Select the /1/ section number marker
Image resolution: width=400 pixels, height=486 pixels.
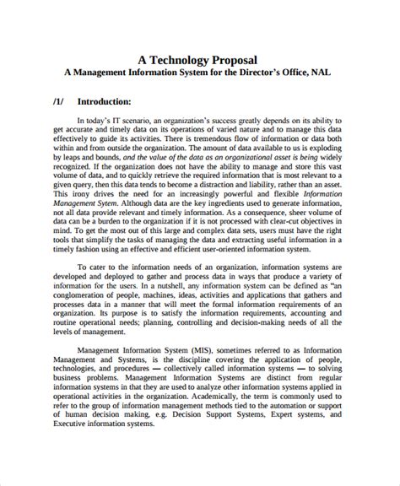57,100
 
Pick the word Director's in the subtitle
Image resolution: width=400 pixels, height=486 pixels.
248,73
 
